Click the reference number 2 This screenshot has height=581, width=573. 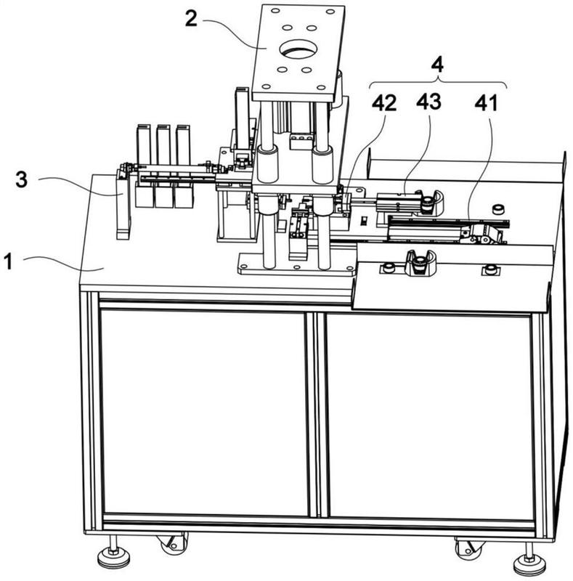tap(191, 19)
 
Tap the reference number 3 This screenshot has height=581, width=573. tap(22, 179)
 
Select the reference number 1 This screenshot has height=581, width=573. tap(8, 261)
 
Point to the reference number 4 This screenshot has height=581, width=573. tap(438, 65)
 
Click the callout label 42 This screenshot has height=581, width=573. tap(384, 103)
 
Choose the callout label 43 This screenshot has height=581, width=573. tap(428, 102)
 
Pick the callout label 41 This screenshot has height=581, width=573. tap(486, 103)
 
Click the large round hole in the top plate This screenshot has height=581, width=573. tap(298, 49)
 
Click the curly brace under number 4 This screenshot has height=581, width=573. tap(439, 82)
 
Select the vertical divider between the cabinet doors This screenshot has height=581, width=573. tap(317, 414)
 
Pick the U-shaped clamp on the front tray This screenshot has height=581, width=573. tap(420, 263)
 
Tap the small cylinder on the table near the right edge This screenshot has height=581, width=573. tap(498, 209)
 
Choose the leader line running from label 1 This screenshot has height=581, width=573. tap(63, 264)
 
